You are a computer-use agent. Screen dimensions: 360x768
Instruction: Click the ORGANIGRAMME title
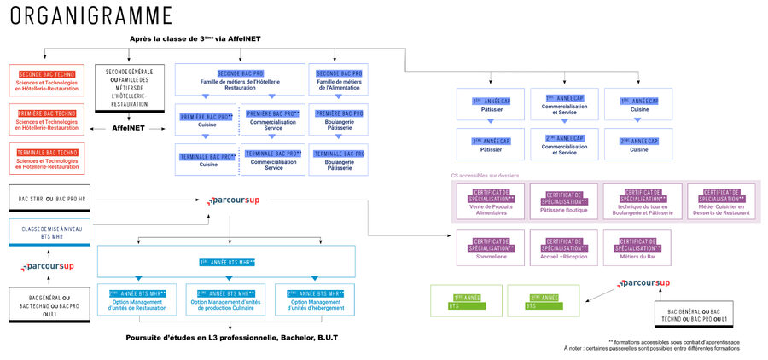[x=92, y=15]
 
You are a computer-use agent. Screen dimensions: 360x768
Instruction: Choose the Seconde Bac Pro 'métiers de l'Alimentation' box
[x=340, y=80]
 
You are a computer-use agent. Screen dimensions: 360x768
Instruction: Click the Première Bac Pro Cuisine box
[x=207, y=120]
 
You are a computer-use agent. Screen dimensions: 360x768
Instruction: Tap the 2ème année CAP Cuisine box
[x=640, y=143]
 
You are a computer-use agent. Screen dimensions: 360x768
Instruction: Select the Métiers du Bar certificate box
[x=640, y=246]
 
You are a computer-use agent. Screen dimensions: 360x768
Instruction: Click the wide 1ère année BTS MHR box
[x=227, y=261]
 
